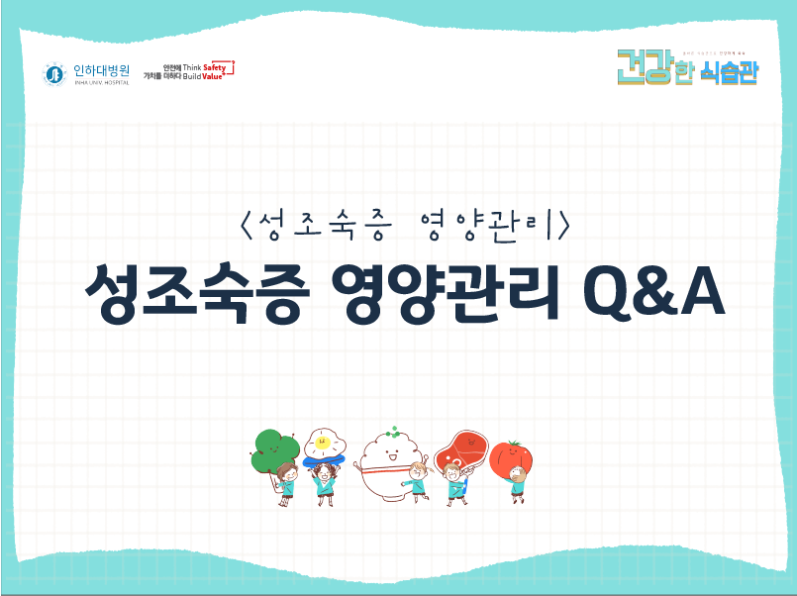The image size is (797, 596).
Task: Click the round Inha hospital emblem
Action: [x=54, y=74]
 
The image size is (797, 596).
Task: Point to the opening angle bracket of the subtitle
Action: [x=246, y=227]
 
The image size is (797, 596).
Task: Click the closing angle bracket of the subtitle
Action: [x=562, y=227]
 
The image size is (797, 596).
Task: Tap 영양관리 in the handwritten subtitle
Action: [x=485, y=227]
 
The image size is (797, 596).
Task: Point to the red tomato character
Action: [x=512, y=458]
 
